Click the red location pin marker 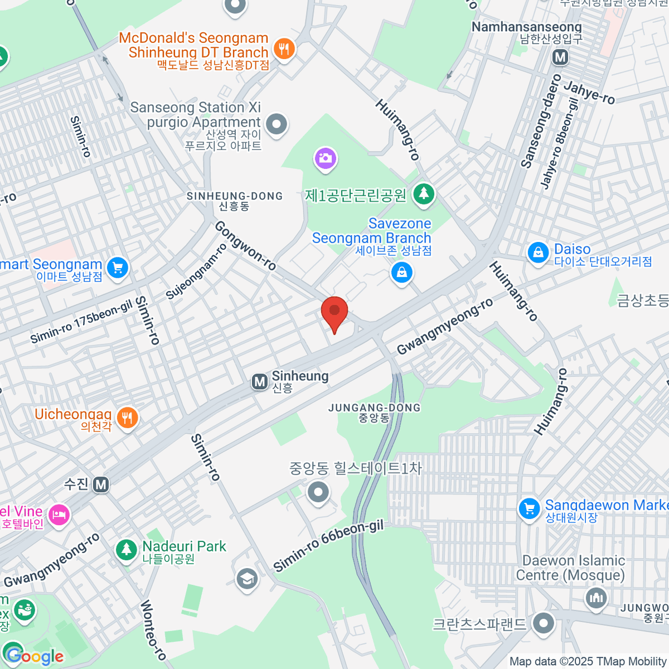coord(334,312)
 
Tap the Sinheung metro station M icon coord(259,382)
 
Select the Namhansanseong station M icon coord(560,57)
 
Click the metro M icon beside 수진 coord(101,484)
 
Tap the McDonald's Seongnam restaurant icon coord(284,49)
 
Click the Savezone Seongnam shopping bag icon coord(401,273)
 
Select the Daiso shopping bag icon coord(538,253)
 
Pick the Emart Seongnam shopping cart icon coord(118,268)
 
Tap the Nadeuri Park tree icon coord(127,550)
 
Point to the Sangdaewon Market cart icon coord(529,508)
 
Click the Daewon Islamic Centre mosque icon coord(596,599)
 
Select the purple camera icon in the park coord(325,159)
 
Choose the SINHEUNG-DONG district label coord(235,201)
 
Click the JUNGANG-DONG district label coord(374,413)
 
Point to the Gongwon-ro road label coord(245,246)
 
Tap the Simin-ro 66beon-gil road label coord(328,547)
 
